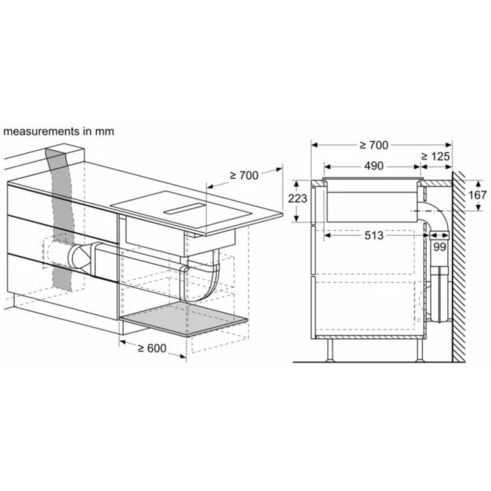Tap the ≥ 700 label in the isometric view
(x=244, y=175)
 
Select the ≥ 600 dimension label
(x=152, y=348)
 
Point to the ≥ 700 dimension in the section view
(x=374, y=145)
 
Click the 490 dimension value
(x=374, y=166)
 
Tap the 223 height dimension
(x=298, y=199)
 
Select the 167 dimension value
(x=476, y=195)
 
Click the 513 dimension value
(x=374, y=236)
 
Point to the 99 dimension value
(x=439, y=247)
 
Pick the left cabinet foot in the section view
(x=330, y=351)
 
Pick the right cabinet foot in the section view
(x=420, y=351)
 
